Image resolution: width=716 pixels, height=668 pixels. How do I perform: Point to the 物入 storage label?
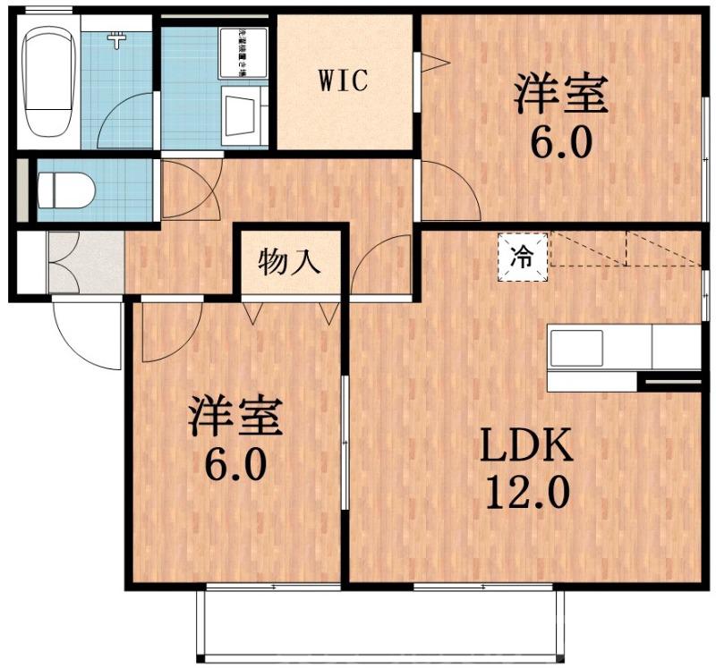point(288,263)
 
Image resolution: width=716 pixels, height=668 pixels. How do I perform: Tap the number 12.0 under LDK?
point(526,492)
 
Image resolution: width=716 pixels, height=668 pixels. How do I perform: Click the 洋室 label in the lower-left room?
point(235,417)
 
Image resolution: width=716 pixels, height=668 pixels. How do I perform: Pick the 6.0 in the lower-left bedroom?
point(235,465)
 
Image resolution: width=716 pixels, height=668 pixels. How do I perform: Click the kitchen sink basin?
point(575,347)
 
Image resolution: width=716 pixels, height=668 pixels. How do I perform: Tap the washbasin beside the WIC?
point(241,115)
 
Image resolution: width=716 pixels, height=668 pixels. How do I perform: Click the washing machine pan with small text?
point(243,53)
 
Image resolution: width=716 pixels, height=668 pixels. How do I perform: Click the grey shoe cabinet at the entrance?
point(85,260)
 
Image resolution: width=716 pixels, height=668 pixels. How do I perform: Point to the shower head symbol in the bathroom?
point(115,38)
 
